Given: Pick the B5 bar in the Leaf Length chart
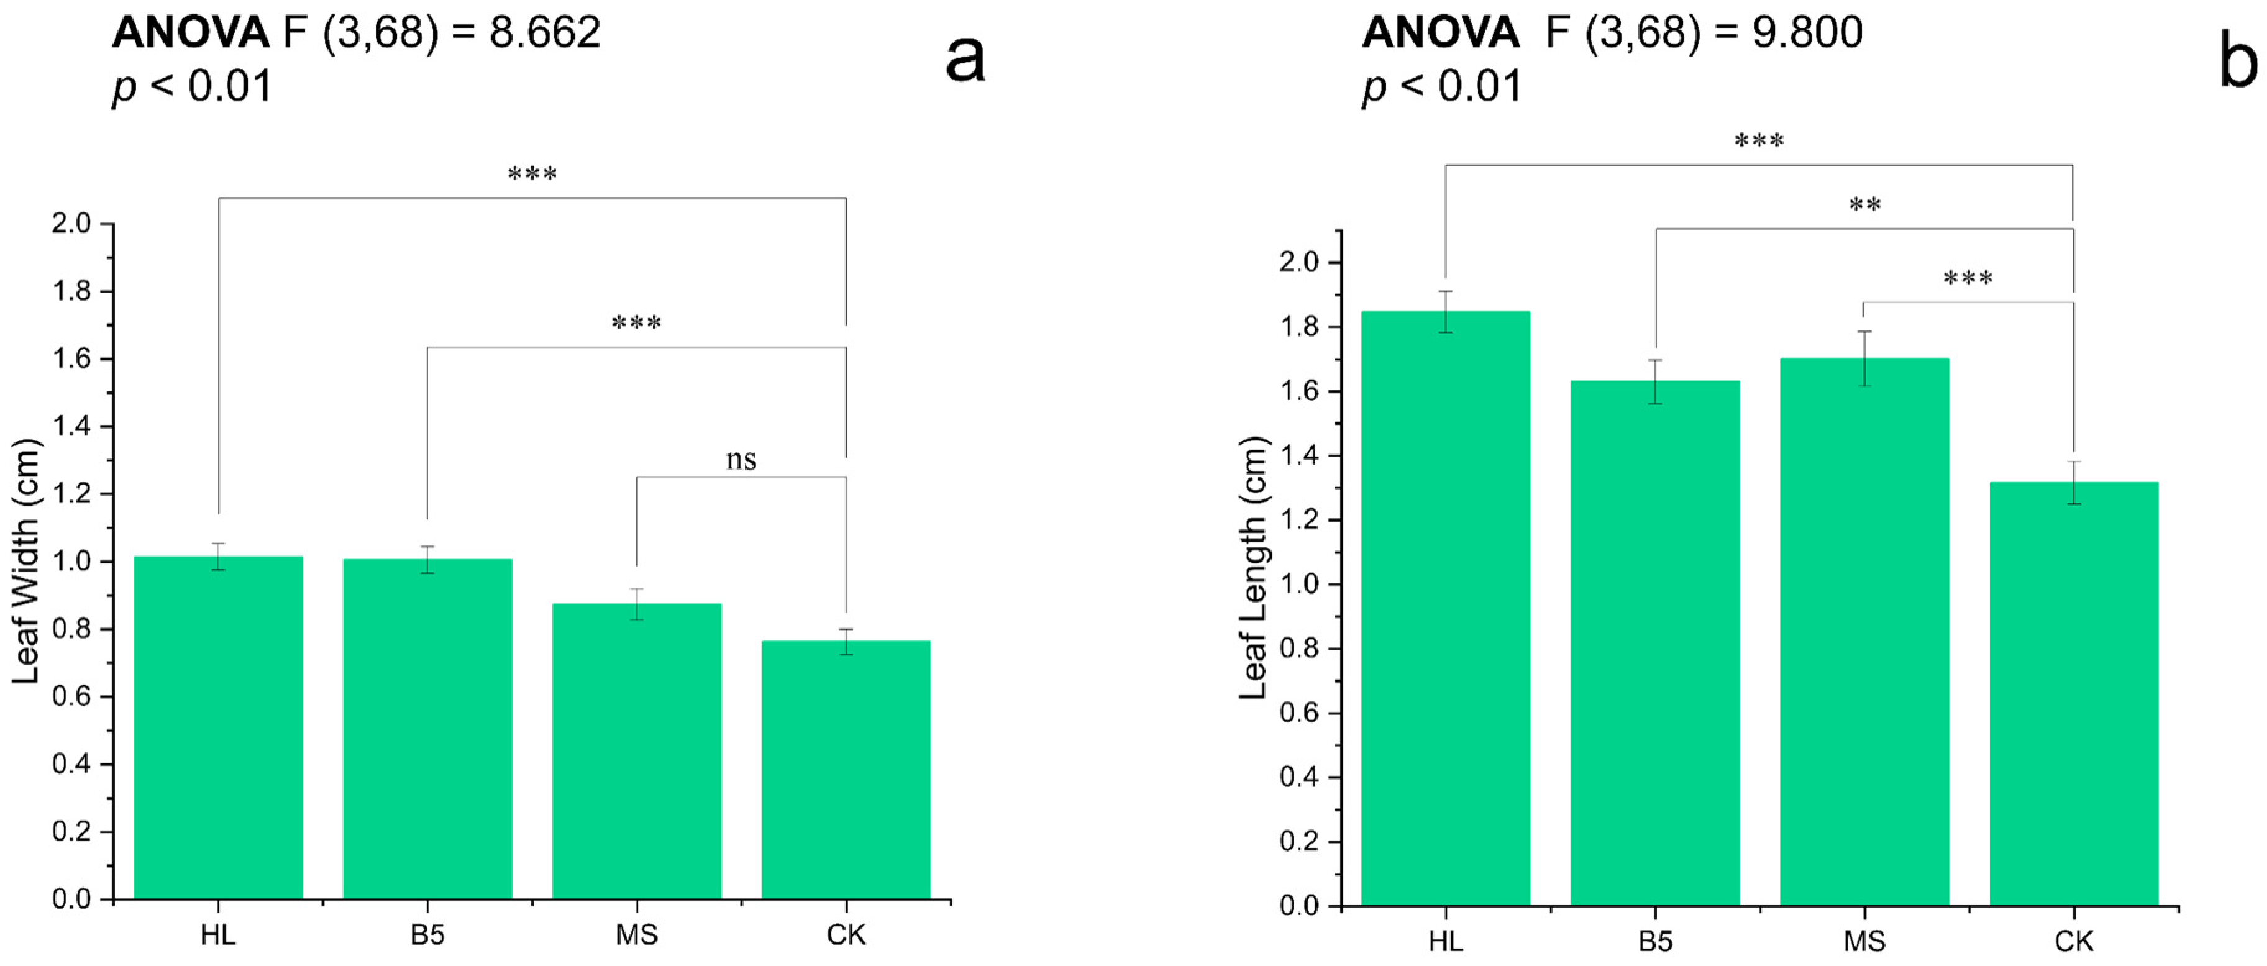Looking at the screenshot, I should [x=1654, y=642].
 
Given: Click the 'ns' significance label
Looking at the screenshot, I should [x=741, y=459].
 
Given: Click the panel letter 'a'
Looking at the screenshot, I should [x=965, y=60].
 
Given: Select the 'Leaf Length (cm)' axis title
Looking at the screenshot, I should [x=1252, y=567].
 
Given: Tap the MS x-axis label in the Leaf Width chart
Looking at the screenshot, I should [x=636, y=934].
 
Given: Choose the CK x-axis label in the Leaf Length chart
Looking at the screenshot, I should [x=2073, y=941].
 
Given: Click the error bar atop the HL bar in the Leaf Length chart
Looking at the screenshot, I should [x=1445, y=311].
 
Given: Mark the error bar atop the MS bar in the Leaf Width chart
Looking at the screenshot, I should [x=636, y=604].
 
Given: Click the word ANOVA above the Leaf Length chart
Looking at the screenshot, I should [x=1439, y=32].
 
